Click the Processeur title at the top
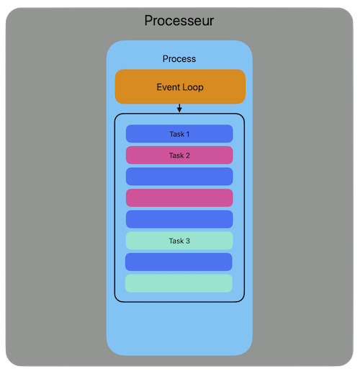click(x=179, y=21)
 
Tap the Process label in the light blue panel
click(x=179, y=59)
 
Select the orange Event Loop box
click(x=180, y=86)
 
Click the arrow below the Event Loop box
click(x=179, y=108)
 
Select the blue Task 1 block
click(x=179, y=134)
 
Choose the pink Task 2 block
click(x=179, y=155)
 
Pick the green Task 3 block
click(x=179, y=241)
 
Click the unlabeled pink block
click(x=179, y=198)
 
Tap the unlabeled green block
click(x=179, y=283)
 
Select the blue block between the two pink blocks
click(x=179, y=177)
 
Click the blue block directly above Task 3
click(x=179, y=219)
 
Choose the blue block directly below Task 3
click(x=179, y=262)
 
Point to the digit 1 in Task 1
click(x=188, y=134)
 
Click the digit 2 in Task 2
click(x=188, y=156)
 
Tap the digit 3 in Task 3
click(x=188, y=241)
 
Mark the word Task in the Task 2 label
click(x=176, y=156)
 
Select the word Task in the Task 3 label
click(x=176, y=241)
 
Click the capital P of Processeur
click(x=148, y=21)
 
